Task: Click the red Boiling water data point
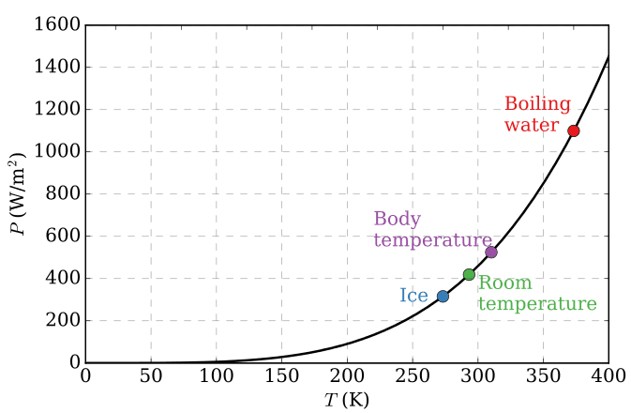click(573, 130)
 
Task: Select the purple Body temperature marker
click(490, 252)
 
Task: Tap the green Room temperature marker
click(469, 274)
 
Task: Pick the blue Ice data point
click(443, 297)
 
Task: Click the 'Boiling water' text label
click(532, 115)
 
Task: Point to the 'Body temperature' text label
click(432, 230)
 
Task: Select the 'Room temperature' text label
click(537, 294)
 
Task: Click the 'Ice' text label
click(413, 297)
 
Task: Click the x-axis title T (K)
click(346, 401)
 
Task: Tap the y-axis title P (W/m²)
click(19, 194)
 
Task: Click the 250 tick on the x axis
click(413, 377)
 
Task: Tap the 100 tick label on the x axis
click(216, 377)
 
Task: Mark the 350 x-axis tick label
click(544, 377)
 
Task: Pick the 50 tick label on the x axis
click(150, 377)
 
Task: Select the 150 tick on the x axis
click(281, 377)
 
